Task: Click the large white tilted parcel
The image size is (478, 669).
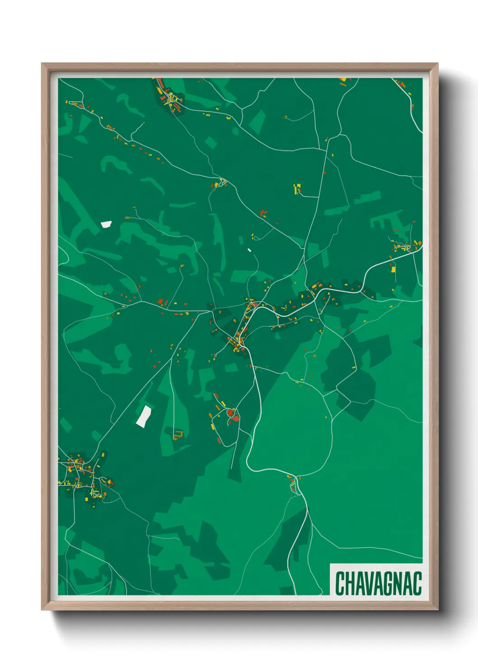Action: point(144,416)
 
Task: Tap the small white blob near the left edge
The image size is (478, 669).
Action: point(106,224)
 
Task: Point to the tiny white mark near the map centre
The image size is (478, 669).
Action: point(249,250)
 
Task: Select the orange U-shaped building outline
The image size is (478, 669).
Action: point(179,435)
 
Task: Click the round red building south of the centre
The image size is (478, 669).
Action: point(231,412)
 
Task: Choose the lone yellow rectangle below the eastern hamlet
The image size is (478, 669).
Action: point(393,269)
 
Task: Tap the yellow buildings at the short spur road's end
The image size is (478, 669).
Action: point(297,188)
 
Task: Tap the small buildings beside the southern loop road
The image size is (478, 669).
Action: point(294,483)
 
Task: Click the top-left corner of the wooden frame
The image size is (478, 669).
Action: point(42,64)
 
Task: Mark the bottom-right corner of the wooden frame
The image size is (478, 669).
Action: point(437,609)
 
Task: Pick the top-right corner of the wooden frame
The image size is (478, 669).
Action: point(437,64)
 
